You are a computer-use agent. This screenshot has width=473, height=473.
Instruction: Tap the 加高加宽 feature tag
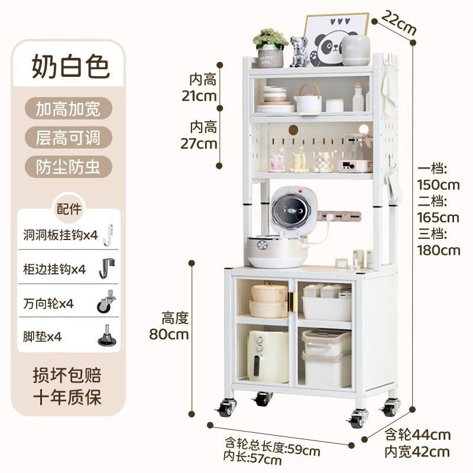click(68, 109)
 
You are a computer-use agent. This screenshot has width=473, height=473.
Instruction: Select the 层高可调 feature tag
click(68, 138)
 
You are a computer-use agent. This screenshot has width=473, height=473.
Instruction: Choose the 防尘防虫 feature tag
click(68, 167)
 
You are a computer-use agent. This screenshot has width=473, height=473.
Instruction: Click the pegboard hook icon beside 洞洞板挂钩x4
click(107, 234)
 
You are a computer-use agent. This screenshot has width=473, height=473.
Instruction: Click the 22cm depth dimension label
click(398, 23)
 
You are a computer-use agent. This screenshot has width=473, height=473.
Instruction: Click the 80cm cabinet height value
click(169, 334)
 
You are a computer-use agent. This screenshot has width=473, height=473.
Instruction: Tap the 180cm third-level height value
click(438, 250)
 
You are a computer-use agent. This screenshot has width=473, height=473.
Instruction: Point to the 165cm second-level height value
click(438, 217)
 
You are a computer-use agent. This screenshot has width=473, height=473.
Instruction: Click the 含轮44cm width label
click(418, 435)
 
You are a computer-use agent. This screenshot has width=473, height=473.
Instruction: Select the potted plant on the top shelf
click(270, 47)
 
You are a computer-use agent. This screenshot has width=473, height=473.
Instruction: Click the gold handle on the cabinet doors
click(291, 302)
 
